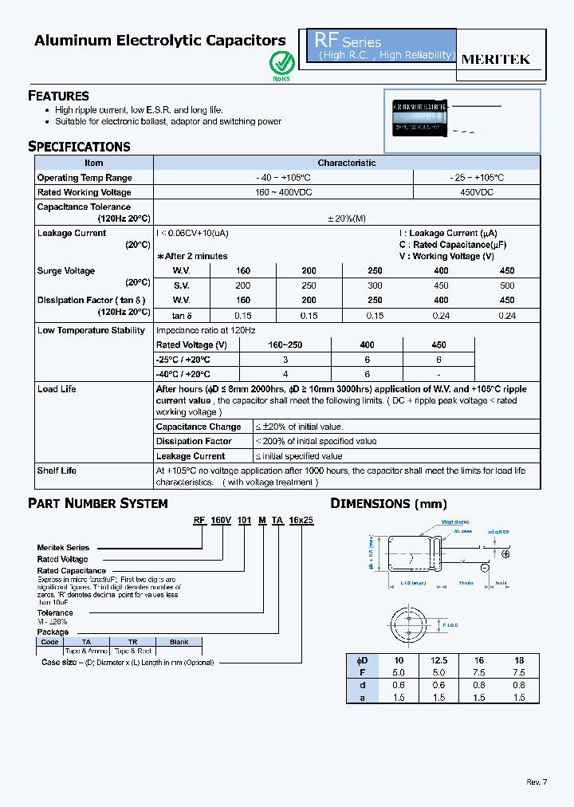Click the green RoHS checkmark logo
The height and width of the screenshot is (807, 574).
(x=281, y=62)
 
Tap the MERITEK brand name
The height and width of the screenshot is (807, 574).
(x=496, y=60)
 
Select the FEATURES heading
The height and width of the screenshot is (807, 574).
(x=58, y=96)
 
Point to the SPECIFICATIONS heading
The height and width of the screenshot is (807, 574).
(x=79, y=147)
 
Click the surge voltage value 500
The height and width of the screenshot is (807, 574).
(x=507, y=285)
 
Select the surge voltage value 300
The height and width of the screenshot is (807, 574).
(x=375, y=285)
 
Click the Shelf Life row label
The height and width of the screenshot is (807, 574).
(x=57, y=470)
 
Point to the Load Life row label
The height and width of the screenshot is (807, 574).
(x=57, y=389)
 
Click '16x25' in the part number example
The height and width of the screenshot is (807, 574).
(x=301, y=519)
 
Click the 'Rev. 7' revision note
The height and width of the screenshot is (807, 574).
(x=537, y=781)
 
